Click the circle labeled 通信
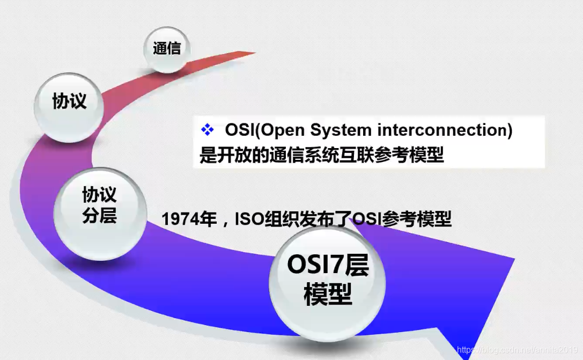167,49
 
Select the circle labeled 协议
69,101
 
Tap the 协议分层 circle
100,205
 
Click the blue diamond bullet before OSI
207,130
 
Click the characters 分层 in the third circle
100,216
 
